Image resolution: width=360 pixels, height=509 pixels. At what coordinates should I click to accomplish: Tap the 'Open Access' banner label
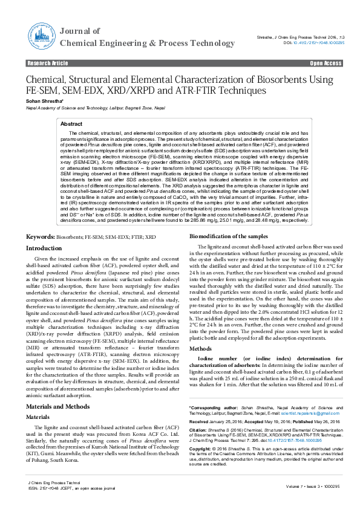coord(326,63)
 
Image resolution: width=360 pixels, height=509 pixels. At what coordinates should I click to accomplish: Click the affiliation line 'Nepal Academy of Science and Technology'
coord(67,108)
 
